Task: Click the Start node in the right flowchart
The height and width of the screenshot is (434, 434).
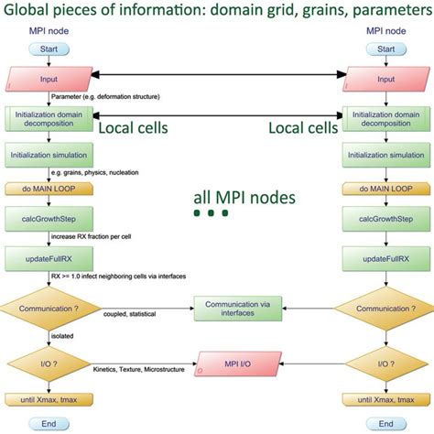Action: click(386, 49)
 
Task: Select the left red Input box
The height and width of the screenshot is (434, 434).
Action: click(48, 79)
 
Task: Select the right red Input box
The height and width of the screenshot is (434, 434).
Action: click(386, 79)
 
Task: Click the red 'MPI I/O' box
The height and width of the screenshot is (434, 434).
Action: click(237, 364)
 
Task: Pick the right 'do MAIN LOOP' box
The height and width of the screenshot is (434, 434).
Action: click(386, 188)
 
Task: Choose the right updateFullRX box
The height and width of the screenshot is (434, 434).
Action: click(386, 259)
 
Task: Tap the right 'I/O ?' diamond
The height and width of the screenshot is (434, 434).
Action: click(386, 363)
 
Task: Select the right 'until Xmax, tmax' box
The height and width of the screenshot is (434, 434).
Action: click(386, 399)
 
